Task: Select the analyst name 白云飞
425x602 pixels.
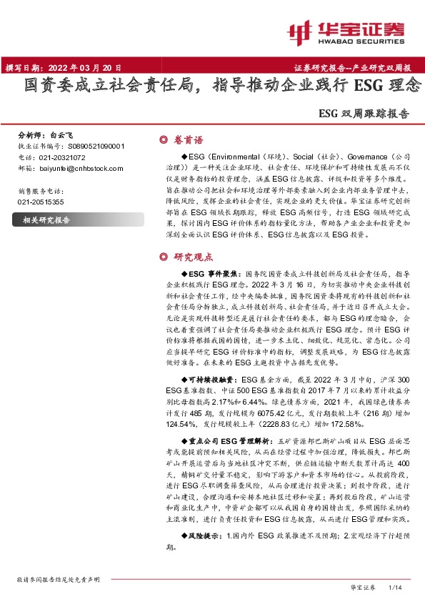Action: (x=62, y=134)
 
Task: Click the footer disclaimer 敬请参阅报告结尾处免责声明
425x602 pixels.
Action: (x=58, y=579)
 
